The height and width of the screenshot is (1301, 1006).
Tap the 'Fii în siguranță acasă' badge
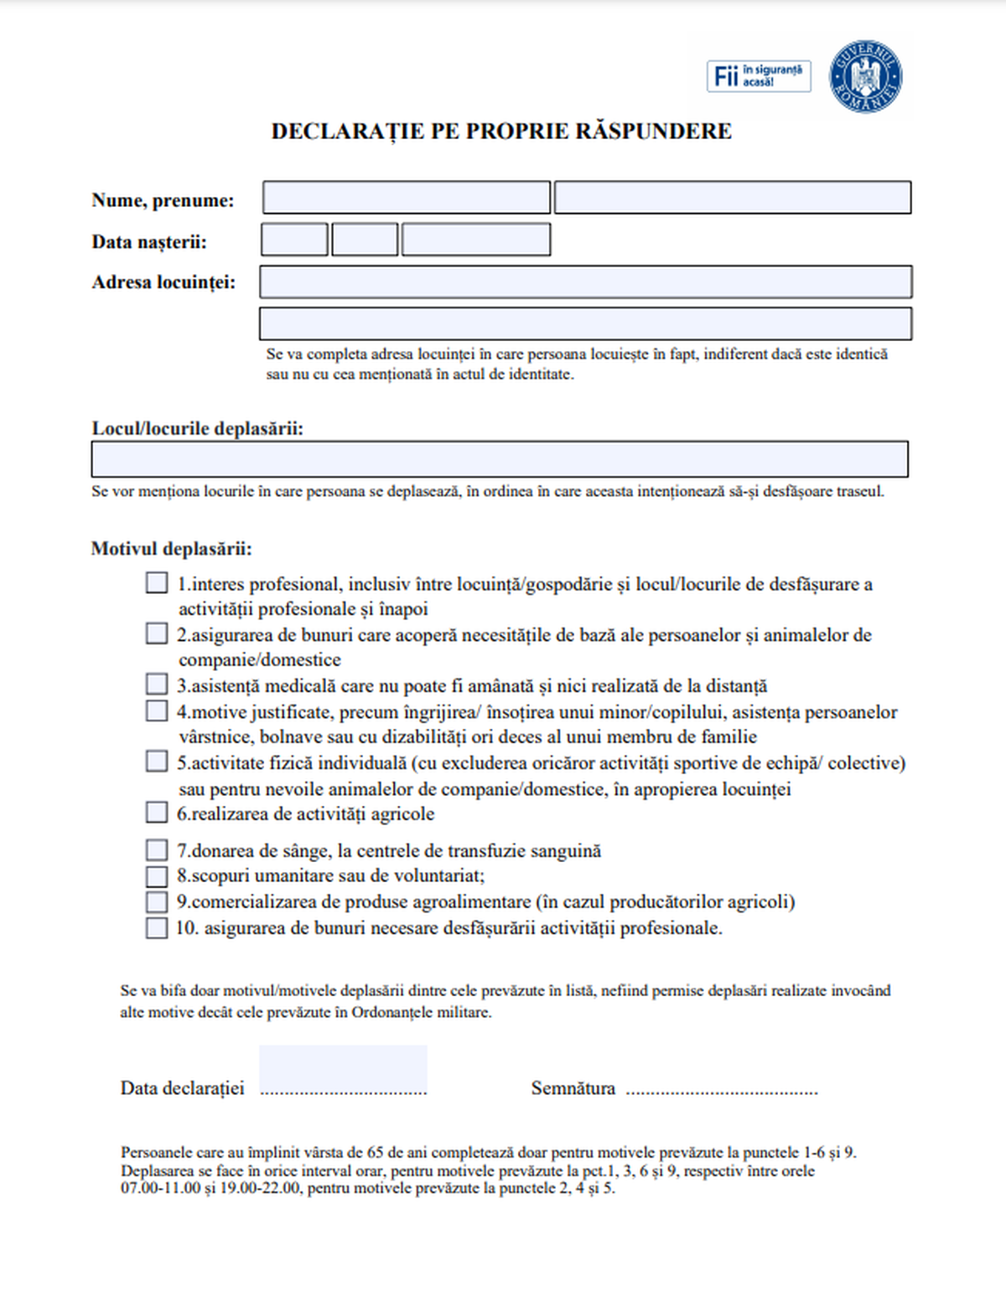(x=758, y=76)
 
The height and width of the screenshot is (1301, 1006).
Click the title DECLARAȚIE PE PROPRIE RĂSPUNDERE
(x=501, y=132)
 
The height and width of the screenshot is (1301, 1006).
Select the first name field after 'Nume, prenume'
(x=407, y=198)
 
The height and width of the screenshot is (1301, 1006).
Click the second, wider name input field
(x=733, y=198)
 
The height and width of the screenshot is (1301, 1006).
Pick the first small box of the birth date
(x=294, y=240)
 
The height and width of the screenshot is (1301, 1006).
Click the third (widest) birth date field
(x=476, y=240)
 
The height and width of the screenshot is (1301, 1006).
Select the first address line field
(x=585, y=282)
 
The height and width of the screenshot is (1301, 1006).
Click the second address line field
(x=585, y=323)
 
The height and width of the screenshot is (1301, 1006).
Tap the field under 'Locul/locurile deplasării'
(x=500, y=459)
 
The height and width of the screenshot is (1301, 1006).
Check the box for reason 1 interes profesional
(x=157, y=582)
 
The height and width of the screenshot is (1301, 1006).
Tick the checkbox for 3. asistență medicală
(x=157, y=684)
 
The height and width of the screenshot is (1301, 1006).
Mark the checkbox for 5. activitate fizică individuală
(x=157, y=761)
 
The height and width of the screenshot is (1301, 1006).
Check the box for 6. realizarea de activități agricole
(x=157, y=812)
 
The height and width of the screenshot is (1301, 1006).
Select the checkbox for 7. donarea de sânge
(x=157, y=850)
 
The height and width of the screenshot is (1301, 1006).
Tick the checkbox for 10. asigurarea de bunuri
(x=157, y=927)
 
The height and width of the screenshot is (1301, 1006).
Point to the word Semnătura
(x=573, y=1088)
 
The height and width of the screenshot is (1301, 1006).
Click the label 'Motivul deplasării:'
(x=172, y=550)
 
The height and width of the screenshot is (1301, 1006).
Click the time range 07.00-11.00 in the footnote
(x=161, y=1188)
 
